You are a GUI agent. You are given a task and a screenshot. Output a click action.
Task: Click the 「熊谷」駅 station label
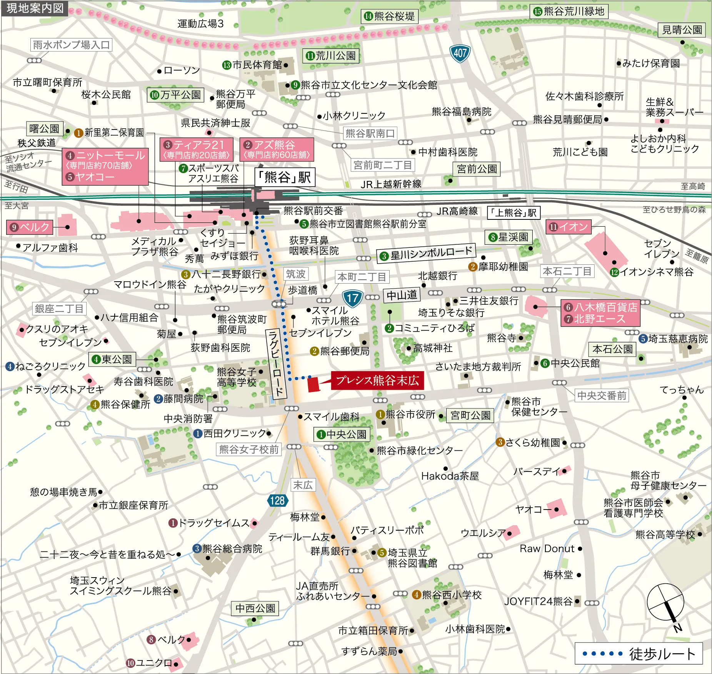click(285, 177)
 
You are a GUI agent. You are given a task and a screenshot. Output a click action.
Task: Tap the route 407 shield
click(460, 53)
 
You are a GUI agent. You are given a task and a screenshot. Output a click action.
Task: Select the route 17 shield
click(352, 298)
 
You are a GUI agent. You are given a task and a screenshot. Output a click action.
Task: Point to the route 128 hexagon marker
click(277, 500)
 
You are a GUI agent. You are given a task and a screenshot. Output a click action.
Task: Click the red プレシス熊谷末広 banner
click(377, 380)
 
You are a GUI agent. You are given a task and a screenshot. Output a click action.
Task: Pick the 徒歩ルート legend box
click(639, 653)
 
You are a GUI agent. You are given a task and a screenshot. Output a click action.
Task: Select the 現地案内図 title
click(35, 8)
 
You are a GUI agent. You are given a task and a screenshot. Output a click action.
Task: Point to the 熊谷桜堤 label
click(390, 16)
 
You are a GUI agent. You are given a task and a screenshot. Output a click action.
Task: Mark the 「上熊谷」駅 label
click(514, 212)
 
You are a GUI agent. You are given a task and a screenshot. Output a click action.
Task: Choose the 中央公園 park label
click(342, 434)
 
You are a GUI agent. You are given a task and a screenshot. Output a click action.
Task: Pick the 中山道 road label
click(402, 295)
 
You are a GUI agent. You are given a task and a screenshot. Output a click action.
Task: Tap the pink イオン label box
click(569, 227)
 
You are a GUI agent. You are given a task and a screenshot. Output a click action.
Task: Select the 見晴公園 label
click(682, 30)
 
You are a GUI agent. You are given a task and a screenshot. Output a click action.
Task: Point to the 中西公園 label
click(255, 608)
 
